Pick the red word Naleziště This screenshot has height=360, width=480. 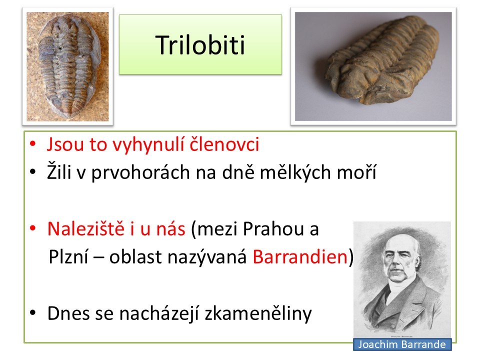click(x=86, y=228)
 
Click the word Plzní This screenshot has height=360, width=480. click(x=68, y=256)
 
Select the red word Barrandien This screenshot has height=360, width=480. click(x=300, y=256)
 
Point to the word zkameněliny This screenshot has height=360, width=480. click(x=258, y=313)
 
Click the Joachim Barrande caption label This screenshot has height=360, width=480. click(x=402, y=344)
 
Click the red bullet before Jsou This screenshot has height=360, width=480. click(x=33, y=144)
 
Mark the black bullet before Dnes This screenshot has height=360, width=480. click(x=33, y=313)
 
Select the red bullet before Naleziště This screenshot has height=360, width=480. click(x=33, y=228)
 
